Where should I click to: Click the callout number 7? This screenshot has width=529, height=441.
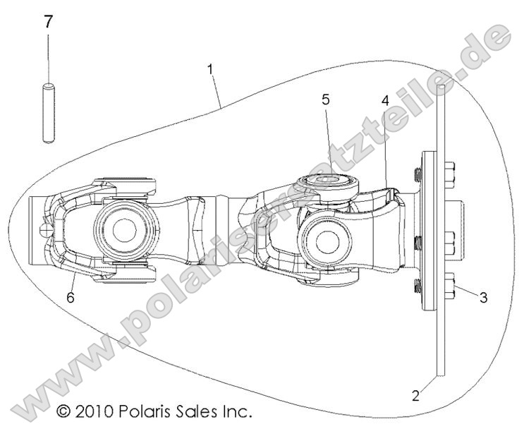(48, 22)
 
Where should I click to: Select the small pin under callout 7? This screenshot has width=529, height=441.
(48, 114)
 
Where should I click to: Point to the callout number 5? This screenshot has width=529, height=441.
(325, 99)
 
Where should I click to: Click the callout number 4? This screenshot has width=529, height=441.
(384, 101)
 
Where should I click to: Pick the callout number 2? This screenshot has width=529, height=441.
(415, 396)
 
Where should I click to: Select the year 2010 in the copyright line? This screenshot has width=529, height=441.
(97, 410)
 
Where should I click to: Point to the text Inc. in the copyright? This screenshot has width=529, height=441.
(239, 410)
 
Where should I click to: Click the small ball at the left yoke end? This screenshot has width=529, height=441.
(46, 229)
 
